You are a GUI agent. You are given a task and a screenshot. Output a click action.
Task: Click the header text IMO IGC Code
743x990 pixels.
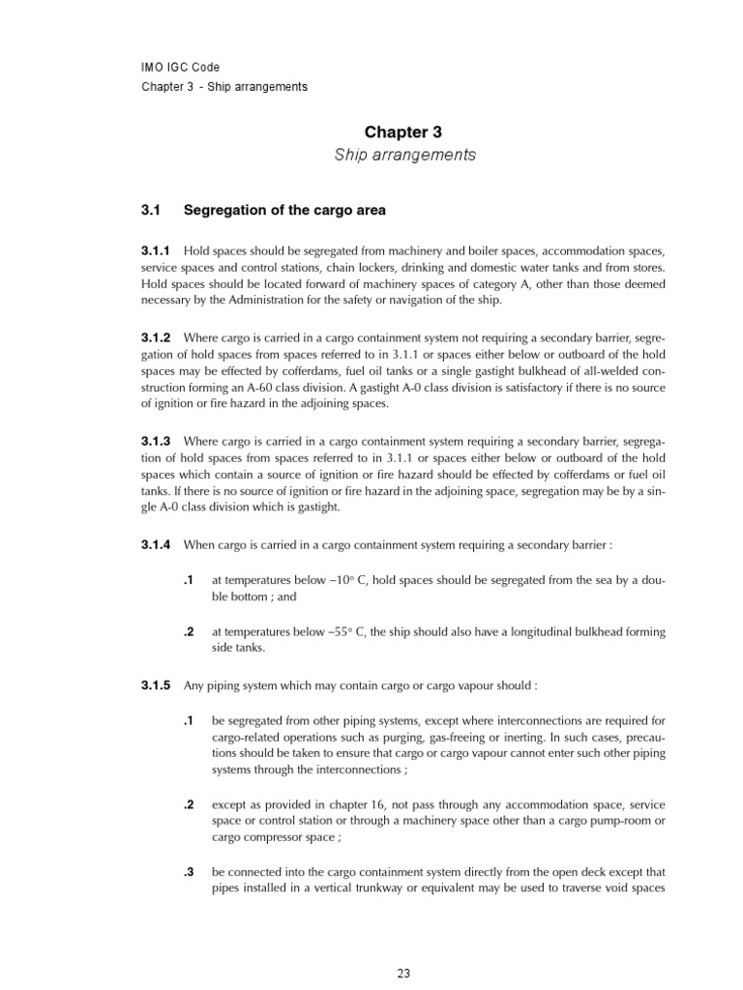click(x=180, y=68)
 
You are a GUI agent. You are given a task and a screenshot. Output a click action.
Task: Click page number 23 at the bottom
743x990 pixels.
click(x=403, y=974)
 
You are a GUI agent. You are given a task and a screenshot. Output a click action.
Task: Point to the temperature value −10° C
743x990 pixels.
click(x=341, y=580)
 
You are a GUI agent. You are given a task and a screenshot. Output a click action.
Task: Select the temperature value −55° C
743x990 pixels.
click(x=341, y=632)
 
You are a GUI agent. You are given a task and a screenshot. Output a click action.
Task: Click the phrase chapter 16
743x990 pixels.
click(x=334, y=804)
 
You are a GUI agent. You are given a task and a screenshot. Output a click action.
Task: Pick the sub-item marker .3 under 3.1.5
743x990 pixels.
click(x=190, y=871)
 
